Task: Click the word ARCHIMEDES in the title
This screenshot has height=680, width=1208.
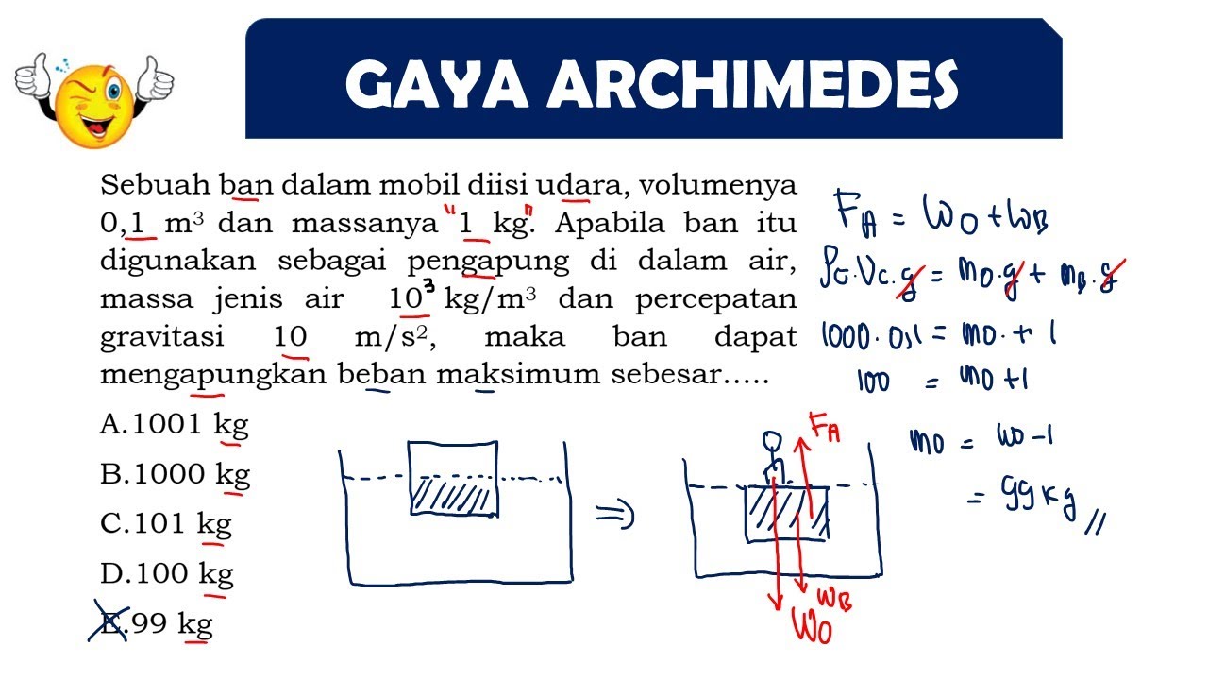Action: tap(753, 84)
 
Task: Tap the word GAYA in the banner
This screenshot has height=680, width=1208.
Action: tap(437, 84)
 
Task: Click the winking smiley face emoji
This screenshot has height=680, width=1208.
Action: tap(93, 102)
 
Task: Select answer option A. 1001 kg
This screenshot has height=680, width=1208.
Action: tap(175, 425)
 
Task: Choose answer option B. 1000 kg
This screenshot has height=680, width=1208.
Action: tap(176, 475)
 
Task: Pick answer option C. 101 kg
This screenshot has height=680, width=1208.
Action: tap(166, 524)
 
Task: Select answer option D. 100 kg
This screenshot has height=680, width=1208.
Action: tap(167, 573)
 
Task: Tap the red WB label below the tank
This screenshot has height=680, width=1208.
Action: tap(835, 600)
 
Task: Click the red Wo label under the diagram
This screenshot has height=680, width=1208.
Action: tap(812, 626)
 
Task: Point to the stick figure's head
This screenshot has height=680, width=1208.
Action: tap(772, 441)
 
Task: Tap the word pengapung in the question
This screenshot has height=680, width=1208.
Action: tap(488, 262)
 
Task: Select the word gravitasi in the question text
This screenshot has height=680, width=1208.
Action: tap(161, 338)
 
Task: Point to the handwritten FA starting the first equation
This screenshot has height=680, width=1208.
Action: tap(856, 214)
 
